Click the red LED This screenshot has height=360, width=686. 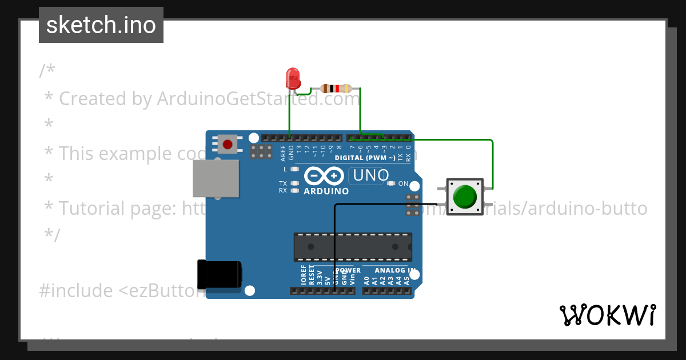pyautogui.click(x=293, y=78)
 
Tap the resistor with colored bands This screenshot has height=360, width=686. pyautogui.click(x=336, y=89)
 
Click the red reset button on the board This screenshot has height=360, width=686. pyautogui.click(x=228, y=144)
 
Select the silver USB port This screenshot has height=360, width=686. pyautogui.click(x=216, y=178)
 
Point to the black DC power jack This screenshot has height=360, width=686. pyautogui.click(x=219, y=275)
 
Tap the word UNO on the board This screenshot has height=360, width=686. pyautogui.click(x=371, y=175)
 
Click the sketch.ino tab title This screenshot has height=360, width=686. pyautogui.click(x=101, y=25)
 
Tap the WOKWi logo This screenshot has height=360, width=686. pyautogui.click(x=607, y=315)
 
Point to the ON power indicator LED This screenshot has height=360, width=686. pyautogui.click(x=391, y=183)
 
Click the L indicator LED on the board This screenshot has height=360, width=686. pyautogui.click(x=295, y=169)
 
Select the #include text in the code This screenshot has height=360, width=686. pyautogui.click(x=77, y=291)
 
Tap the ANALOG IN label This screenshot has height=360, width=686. pyautogui.click(x=395, y=270)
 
